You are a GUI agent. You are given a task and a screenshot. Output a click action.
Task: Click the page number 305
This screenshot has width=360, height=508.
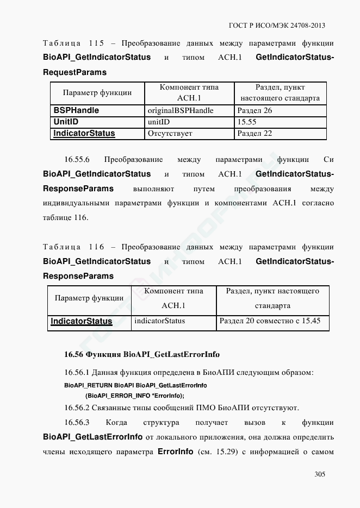click(x=320, y=474)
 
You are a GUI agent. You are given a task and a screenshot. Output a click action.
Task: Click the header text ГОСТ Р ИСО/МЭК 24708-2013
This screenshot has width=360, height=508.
click(x=278, y=26)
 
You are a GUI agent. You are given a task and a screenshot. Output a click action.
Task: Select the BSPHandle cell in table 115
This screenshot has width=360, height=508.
click(x=76, y=110)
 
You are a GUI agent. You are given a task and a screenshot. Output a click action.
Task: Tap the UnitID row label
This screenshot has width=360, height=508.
click(x=66, y=122)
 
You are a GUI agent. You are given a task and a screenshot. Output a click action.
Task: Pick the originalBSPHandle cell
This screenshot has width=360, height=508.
click(x=181, y=110)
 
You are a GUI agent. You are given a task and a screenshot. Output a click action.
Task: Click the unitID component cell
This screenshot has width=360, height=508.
click(x=159, y=122)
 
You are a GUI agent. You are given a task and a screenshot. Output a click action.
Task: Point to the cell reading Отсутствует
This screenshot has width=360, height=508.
click(x=170, y=133)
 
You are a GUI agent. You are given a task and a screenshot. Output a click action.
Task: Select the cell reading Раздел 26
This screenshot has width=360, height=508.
click(x=255, y=110)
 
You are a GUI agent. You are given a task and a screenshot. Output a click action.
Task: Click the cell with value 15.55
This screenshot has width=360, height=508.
click(x=247, y=122)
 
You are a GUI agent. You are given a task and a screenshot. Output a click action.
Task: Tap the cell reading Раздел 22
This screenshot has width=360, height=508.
click(x=255, y=133)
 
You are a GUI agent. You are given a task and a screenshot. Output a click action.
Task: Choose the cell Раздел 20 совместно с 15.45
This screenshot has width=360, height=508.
click(x=270, y=321)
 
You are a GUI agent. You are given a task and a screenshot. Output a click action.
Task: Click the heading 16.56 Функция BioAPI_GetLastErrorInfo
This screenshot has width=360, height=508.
click(x=142, y=354)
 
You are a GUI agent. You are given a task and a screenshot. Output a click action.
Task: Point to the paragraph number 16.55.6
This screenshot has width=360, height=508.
click(x=77, y=160)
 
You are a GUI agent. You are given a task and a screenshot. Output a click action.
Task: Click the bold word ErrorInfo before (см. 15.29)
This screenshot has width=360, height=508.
click(x=175, y=452)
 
